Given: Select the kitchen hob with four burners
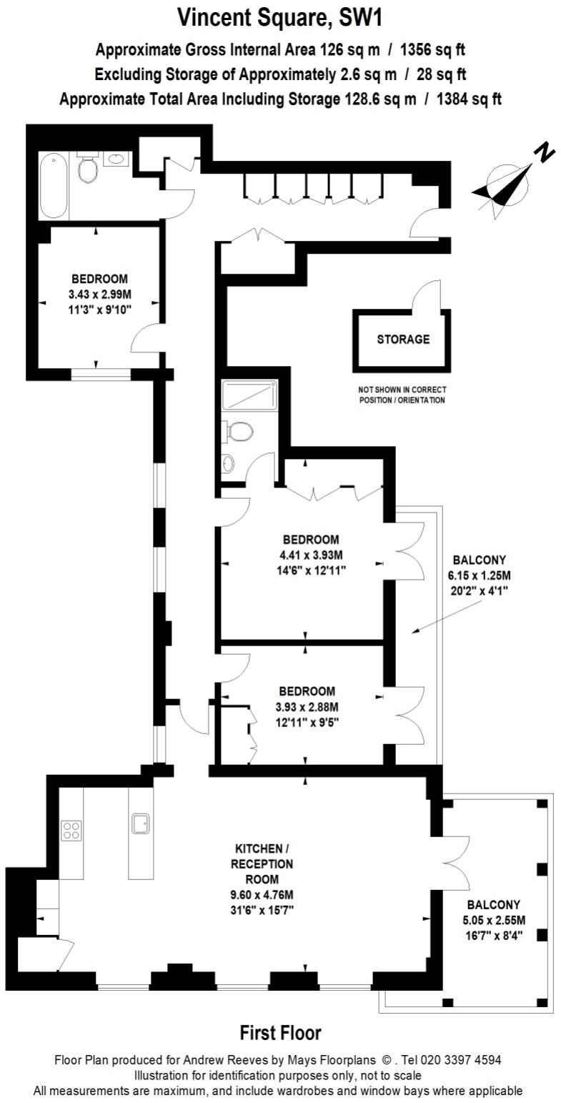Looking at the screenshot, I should (71, 830).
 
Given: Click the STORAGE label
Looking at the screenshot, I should (403, 340).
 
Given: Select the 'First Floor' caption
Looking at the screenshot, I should (280, 1033).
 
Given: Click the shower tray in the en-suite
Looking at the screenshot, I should (248, 395).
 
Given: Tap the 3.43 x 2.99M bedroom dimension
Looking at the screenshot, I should (99, 295).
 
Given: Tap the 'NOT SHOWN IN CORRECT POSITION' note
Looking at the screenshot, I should (402, 395).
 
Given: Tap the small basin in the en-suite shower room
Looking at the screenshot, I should (229, 464).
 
